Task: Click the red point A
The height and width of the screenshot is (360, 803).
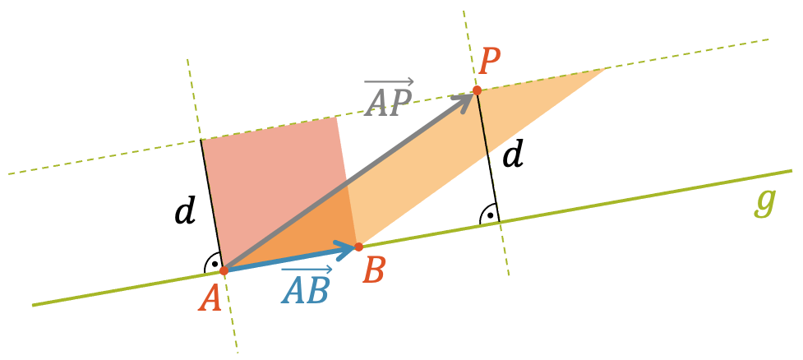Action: pos(224,270)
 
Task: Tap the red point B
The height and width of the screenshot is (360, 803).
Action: pos(358,247)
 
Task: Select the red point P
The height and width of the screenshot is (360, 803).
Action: pos(477,90)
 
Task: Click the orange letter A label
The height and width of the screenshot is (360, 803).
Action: pos(210,298)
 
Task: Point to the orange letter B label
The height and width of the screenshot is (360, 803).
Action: pos(373,271)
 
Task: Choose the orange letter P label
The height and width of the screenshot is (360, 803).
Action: pos(490,63)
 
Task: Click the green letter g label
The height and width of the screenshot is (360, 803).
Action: pos(766,202)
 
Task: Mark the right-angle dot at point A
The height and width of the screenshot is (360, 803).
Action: pos(215,264)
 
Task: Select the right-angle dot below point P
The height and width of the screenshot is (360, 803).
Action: pos(490,215)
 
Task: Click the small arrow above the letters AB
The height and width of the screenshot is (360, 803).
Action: pos(307,270)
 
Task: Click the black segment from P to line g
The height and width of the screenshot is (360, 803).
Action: pos(487,156)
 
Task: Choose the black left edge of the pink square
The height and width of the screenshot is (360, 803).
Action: pos(212,205)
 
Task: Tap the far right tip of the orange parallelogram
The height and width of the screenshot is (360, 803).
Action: pos(607,67)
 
